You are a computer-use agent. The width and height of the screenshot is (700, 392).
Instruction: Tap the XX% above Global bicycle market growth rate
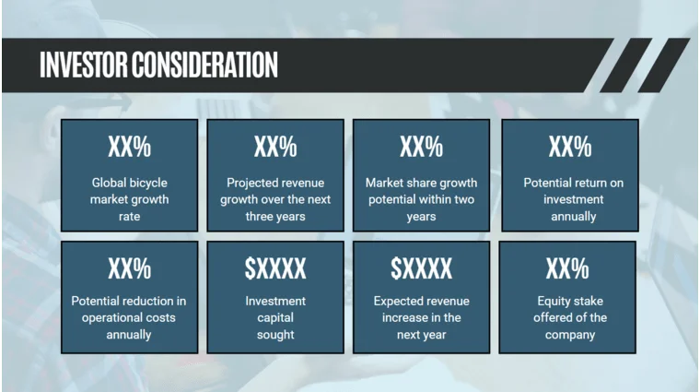tap(129, 147)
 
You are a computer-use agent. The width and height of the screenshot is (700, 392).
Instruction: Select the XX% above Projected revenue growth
tap(275, 147)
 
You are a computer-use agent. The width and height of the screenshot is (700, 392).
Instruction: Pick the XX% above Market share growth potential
tap(421, 147)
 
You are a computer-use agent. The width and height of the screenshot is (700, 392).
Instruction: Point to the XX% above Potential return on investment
tap(569, 147)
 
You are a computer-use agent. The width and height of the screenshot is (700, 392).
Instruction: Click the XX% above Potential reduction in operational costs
tap(129, 268)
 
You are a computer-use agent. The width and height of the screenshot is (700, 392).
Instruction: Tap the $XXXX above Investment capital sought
tap(275, 268)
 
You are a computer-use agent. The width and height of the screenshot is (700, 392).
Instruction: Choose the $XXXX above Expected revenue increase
tap(421, 268)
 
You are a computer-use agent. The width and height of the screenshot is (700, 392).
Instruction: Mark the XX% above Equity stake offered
tap(566, 268)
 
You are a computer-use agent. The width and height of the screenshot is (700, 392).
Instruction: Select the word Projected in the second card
tap(252, 183)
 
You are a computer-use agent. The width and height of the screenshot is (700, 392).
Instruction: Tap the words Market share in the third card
tap(398, 183)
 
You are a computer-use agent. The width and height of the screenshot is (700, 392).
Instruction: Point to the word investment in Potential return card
tap(573, 199)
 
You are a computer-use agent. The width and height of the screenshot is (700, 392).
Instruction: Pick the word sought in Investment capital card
tap(275, 335)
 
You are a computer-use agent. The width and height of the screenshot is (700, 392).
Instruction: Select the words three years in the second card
tap(275, 217)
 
